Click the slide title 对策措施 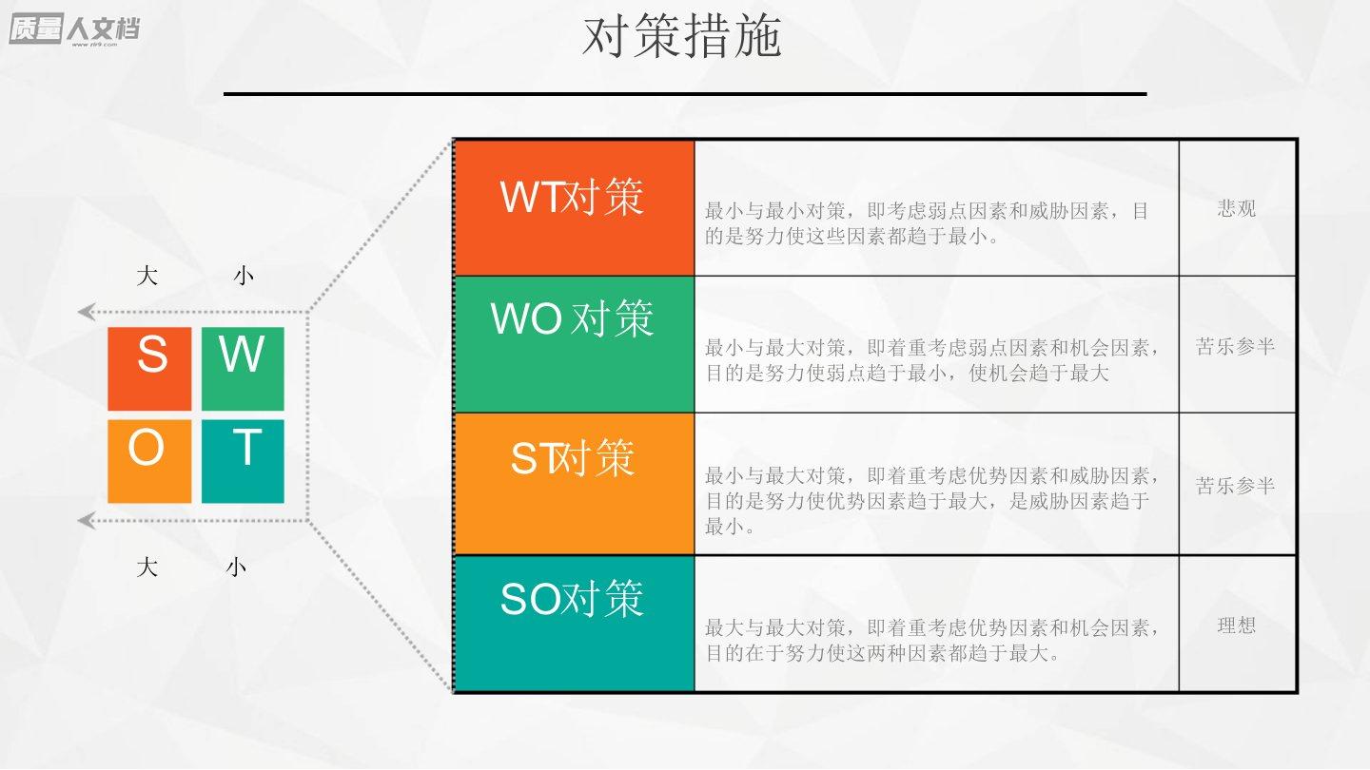[682, 37]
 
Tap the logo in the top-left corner [74, 29]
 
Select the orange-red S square [150, 369]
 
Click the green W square [243, 369]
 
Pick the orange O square [150, 461]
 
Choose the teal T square [243, 461]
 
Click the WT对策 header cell [575, 208]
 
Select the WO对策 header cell [575, 344]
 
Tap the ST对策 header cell [575, 484]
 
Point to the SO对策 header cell [575, 624]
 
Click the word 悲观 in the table [1236, 208]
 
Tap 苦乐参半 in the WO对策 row [1235, 346]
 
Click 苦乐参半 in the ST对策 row [1235, 486]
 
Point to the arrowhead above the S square [87, 312]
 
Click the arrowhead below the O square [87, 521]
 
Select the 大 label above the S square [147, 276]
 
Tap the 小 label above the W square [244, 276]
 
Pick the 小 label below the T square [236, 568]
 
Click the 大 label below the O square [147, 568]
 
